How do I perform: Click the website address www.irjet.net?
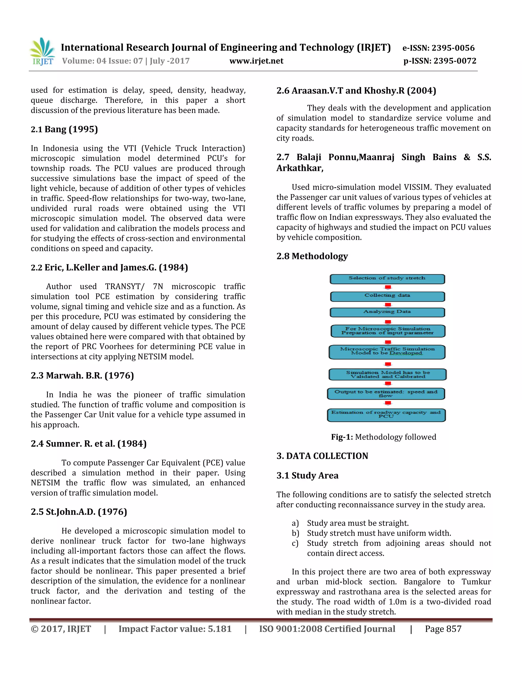tap(256, 61)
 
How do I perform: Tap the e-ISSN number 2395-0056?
tap(453, 48)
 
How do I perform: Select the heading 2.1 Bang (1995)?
tap(64, 129)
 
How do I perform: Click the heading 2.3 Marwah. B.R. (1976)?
tap(82, 375)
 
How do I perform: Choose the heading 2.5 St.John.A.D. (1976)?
tap(79, 512)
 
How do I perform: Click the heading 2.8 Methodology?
tap(312, 256)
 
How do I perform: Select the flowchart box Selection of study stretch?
tap(387, 279)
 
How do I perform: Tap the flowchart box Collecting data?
tap(387, 296)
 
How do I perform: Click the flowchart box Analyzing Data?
tap(387, 312)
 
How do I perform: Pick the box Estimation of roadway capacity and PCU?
tap(386, 415)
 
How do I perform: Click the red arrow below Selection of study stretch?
tap(388, 287)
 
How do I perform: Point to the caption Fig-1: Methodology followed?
tap(383, 437)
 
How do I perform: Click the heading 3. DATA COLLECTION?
tap(322, 456)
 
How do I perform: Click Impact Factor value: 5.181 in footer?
tap(175, 629)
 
